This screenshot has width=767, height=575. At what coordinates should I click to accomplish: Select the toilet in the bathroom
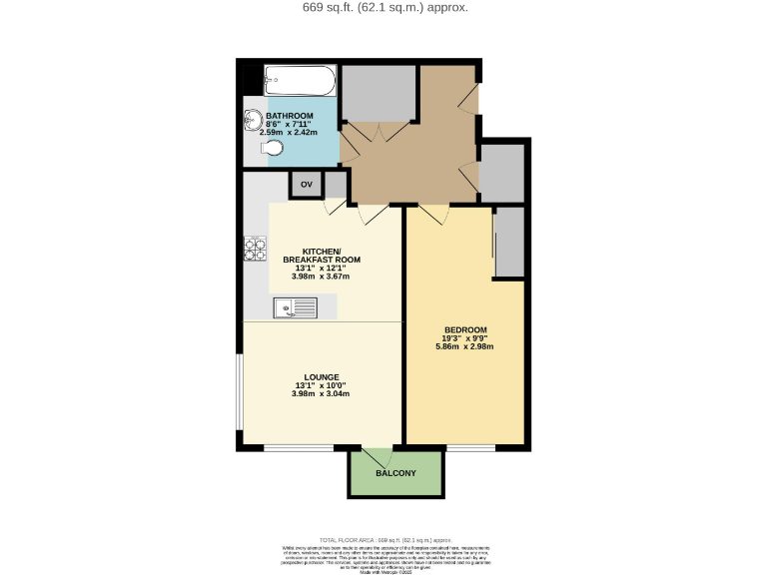click(272, 149)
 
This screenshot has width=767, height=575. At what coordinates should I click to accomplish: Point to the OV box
click(307, 185)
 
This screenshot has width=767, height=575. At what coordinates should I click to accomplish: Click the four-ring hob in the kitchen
click(255, 248)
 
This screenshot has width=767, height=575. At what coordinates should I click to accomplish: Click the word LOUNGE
click(323, 376)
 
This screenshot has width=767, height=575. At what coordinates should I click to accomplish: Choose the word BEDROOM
click(464, 330)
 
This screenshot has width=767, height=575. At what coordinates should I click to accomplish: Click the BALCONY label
click(395, 473)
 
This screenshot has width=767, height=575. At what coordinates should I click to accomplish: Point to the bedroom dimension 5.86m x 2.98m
click(464, 347)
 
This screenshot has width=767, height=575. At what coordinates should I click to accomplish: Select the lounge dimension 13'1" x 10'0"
click(323, 385)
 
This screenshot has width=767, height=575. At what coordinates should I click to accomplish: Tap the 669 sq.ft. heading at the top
click(384, 8)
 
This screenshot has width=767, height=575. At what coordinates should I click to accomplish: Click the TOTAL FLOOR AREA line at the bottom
click(383, 538)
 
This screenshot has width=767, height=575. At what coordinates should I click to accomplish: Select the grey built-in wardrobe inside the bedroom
click(510, 241)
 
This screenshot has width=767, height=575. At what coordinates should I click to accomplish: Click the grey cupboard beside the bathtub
click(379, 93)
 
